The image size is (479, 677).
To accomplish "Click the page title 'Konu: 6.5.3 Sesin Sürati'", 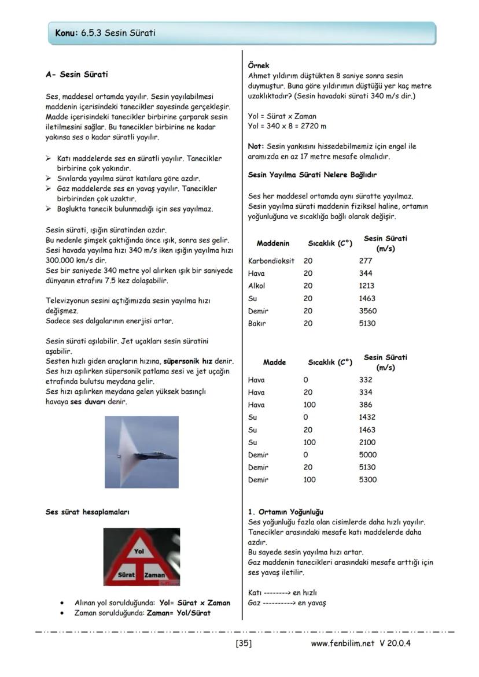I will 105,34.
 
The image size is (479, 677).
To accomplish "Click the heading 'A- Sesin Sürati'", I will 76,75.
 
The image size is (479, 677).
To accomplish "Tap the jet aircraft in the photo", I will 159,454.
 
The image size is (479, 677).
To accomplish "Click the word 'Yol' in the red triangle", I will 139,552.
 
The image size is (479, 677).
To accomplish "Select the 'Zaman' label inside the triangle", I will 154,575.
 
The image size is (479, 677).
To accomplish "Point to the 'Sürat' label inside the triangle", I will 126,575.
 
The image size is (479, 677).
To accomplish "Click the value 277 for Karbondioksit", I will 366,261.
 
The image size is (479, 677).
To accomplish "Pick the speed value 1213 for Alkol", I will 367,286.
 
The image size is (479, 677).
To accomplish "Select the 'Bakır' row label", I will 256,323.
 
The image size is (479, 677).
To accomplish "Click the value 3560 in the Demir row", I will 367,311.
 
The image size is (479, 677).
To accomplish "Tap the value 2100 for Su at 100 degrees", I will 367,442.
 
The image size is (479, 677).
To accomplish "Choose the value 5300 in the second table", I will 367,480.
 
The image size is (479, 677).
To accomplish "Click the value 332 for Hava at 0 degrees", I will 366,380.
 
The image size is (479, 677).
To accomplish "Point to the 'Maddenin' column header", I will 273,243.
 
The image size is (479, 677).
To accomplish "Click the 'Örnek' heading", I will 258,66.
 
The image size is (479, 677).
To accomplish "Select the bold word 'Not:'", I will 256,147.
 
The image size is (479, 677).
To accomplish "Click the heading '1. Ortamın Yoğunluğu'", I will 285,512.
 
